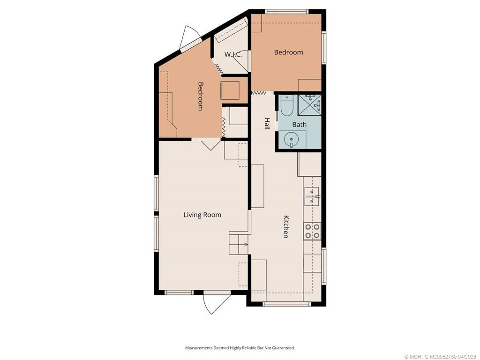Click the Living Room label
click(x=202, y=215)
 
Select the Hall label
click(x=267, y=123)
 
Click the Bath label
click(x=299, y=125)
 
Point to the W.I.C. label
click(x=233, y=54)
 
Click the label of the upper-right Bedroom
click(x=288, y=52)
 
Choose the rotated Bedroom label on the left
click(x=201, y=96)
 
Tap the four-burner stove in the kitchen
click(x=312, y=231)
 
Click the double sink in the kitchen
click(x=312, y=196)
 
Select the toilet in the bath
click(x=287, y=105)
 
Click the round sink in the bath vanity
click(x=291, y=140)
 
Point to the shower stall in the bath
click(x=309, y=105)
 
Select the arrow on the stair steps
click(x=245, y=244)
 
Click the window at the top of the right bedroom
click(x=286, y=12)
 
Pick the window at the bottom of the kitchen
click(x=286, y=304)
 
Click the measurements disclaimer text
click(x=240, y=348)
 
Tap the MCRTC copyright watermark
click(x=441, y=357)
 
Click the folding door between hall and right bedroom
click(x=258, y=92)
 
